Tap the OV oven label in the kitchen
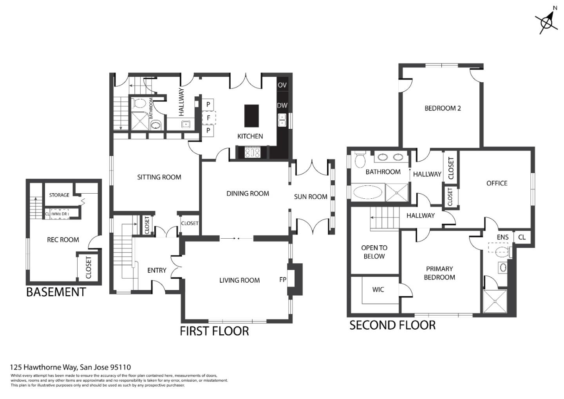pyautogui.click(x=282, y=85)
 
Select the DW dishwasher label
pyautogui.click(x=282, y=105)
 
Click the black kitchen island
pyautogui.click(x=251, y=116)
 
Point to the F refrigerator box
pyautogui.click(x=208, y=118)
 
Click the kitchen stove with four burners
pyautogui.click(x=253, y=152)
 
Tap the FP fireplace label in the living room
pyautogui.click(x=283, y=279)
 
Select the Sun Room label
pyautogui.click(x=311, y=197)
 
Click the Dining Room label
pyautogui.click(x=248, y=193)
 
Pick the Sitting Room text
pyautogui.click(x=159, y=177)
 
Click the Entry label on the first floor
pyautogui.click(x=157, y=270)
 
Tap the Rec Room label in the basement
pyautogui.click(x=63, y=239)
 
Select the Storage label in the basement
pyautogui.click(x=59, y=195)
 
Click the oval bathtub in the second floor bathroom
pyautogui.click(x=368, y=193)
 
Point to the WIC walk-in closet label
pyautogui.click(x=378, y=290)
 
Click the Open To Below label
pyautogui.click(x=374, y=252)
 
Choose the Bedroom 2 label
pyautogui.click(x=443, y=108)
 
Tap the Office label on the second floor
pyautogui.click(x=497, y=183)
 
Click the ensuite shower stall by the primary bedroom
pyautogui.click(x=495, y=301)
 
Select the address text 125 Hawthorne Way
pyautogui.click(x=70, y=367)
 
